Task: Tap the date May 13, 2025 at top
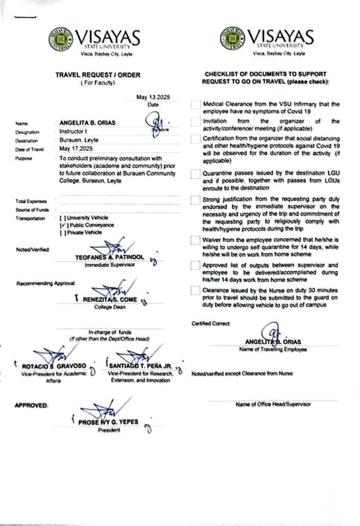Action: pyautogui.click(x=153, y=98)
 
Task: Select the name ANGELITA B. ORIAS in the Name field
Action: pyautogui.click(x=87, y=123)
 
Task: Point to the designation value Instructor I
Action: pyautogui.click(x=73, y=131)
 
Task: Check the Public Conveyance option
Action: pyautogui.click(x=62, y=225)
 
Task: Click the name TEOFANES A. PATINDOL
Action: pyautogui.click(x=109, y=257)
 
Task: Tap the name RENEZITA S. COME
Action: pyautogui.click(x=109, y=300)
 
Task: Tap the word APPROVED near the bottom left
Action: pyautogui.click(x=31, y=405)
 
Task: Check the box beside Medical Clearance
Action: pyautogui.click(x=196, y=105)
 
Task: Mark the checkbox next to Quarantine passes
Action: pyautogui.click(x=196, y=174)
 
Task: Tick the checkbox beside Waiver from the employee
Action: pyautogui.click(x=196, y=240)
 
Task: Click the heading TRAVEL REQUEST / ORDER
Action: pyautogui.click(x=97, y=75)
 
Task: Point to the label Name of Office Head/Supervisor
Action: pyautogui.click(x=273, y=404)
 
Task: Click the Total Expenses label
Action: pyautogui.click(x=31, y=202)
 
